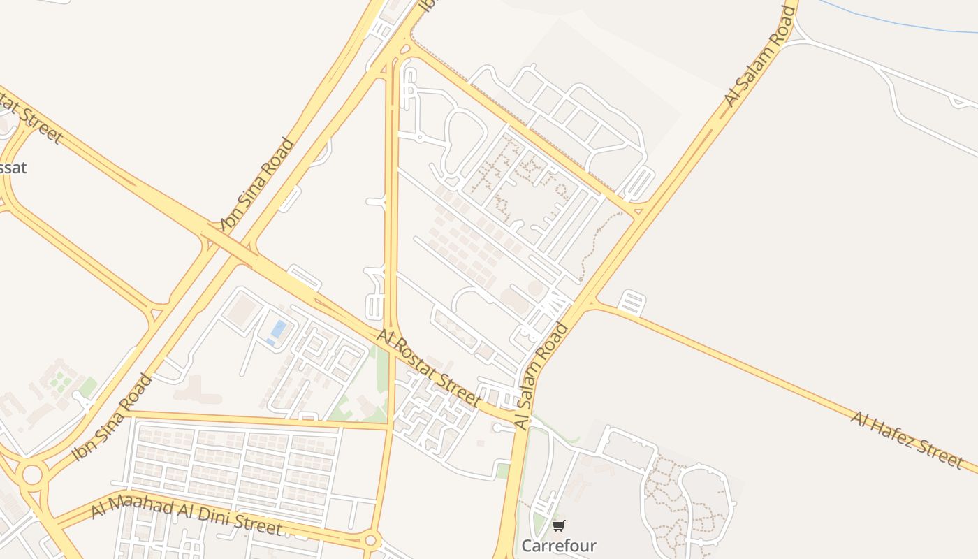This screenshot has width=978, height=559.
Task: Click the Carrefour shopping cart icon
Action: click(558, 525)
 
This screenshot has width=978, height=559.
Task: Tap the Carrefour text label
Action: click(559, 545)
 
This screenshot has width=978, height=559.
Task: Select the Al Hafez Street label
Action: click(907, 440)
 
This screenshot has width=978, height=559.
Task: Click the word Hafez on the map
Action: click(899, 436)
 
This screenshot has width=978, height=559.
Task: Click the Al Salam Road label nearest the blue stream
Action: click(761, 56)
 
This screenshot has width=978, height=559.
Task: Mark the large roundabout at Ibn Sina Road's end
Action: click(32, 475)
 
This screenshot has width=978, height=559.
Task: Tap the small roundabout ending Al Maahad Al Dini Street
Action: click(371, 540)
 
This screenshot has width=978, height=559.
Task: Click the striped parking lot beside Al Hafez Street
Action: click(631, 303)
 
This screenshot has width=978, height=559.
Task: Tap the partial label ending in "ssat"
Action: click(13, 168)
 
